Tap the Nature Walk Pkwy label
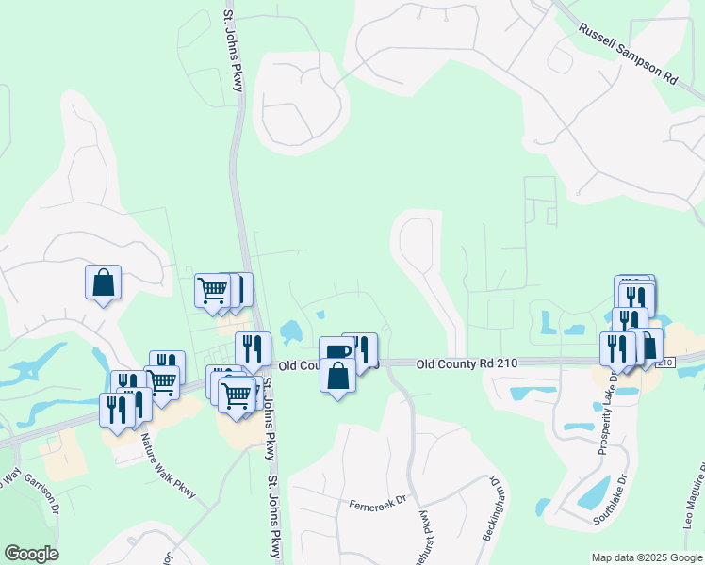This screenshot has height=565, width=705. pos(167,460)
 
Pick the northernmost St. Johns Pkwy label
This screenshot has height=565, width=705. pos(234,52)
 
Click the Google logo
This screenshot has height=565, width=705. pos(31,554)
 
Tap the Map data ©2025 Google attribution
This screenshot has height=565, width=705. pos(646,557)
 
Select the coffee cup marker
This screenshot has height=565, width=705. pos(336,351)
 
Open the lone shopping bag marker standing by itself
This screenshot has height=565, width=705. pos(103,282)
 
